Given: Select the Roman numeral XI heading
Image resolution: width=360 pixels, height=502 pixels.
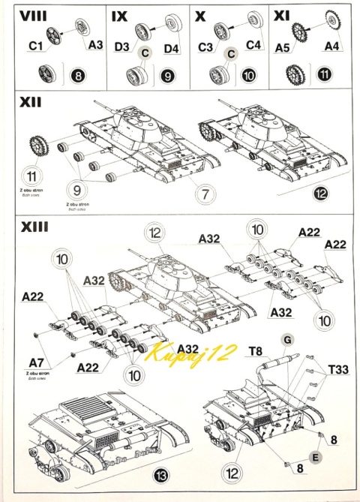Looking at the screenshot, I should click(283, 16).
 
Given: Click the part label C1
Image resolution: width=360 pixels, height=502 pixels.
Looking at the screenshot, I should click(35, 47).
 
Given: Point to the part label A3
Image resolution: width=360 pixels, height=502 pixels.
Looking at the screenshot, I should click(95, 45).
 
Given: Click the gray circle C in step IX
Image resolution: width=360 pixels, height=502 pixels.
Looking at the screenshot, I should click(146, 52).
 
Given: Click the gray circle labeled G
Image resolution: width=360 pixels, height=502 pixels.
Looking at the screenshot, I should click(286, 340).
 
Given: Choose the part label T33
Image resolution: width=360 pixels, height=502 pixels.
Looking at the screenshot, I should click(340, 370).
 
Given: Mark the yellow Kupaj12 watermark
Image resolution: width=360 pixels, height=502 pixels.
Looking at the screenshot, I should click(191, 351).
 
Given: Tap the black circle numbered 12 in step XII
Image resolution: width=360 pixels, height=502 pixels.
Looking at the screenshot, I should click(321, 193).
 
